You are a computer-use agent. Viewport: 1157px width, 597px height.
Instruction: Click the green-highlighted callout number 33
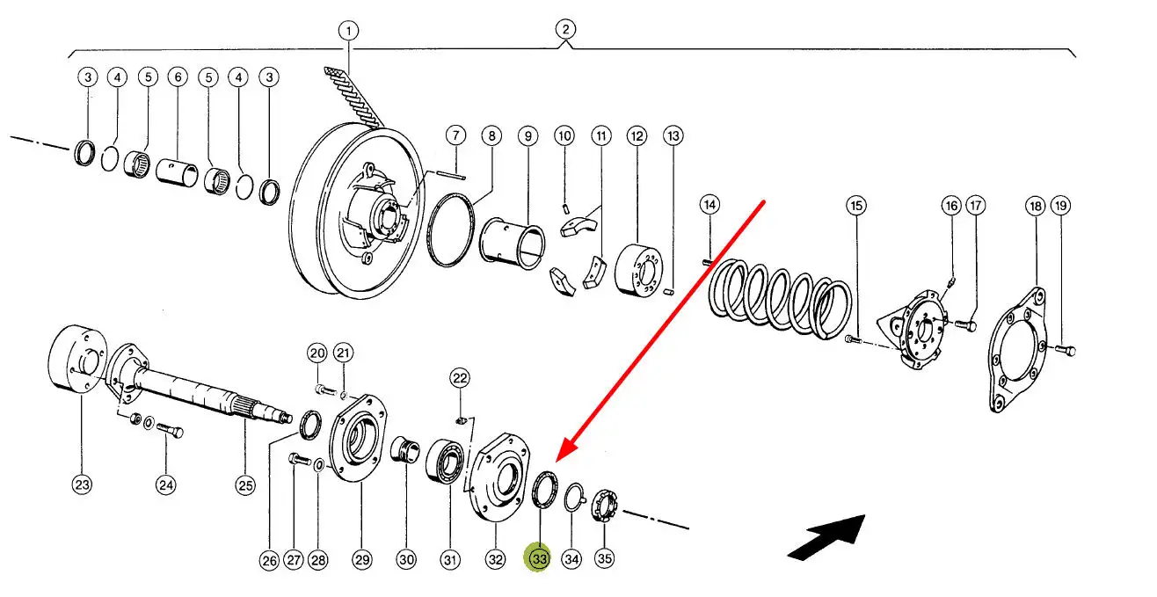tap(538, 558)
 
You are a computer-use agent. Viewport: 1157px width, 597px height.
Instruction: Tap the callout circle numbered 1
tap(349, 31)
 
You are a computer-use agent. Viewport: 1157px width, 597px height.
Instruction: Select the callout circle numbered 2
tap(565, 29)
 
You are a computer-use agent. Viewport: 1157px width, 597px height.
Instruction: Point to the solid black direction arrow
tap(826, 537)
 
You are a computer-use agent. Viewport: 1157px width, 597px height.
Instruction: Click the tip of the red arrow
tap(557, 462)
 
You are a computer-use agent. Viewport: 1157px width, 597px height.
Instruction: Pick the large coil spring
tap(780, 299)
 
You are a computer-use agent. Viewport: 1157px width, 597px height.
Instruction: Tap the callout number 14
tap(709, 205)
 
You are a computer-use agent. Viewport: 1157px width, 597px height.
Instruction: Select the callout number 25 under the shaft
tap(244, 485)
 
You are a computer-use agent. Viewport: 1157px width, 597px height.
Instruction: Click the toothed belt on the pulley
tap(354, 97)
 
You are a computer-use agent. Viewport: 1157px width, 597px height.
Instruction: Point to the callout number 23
tap(82, 484)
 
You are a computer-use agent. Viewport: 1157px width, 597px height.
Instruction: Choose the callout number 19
tap(1060, 206)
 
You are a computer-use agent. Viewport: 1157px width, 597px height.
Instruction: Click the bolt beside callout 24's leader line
tap(170, 430)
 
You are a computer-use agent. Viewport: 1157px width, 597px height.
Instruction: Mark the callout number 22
tap(460, 379)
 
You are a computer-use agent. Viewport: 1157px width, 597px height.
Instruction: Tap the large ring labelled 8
tap(450, 229)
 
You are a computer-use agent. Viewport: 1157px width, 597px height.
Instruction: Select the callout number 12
tap(637, 136)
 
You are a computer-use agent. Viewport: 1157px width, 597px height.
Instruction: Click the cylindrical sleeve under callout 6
tap(177, 172)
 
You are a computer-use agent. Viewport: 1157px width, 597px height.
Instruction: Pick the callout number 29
tap(361, 560)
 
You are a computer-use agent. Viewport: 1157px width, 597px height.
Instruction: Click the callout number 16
tap(951, 206)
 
